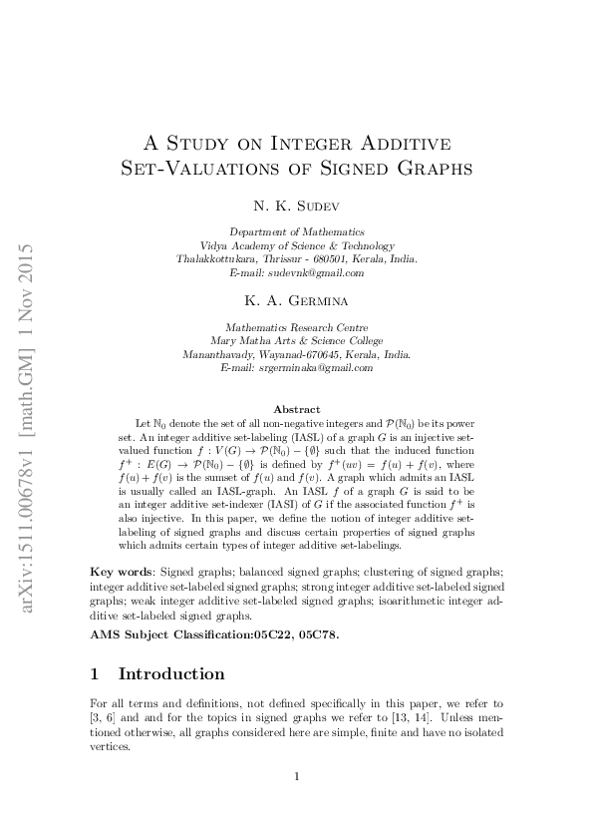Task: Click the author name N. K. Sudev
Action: click(x=296, y=209)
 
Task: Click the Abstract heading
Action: click(x=296, y=409)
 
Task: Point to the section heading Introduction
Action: click(x=171, y=673)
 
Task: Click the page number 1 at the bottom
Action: click(x=296, y=776)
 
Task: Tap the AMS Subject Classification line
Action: click(x=215, y=633)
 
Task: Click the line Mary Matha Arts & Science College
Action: click(x=296, y=340)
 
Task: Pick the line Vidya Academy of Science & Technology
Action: click(x=296, y=245)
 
